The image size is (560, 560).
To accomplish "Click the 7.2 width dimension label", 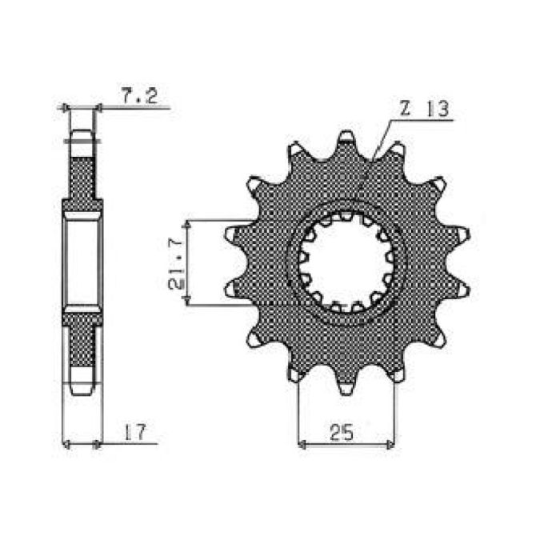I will pyautogui.click(x=139, y=97).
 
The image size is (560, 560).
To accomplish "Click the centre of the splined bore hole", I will pyautogui.click(x=345, y=262).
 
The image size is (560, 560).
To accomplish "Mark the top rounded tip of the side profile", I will pyautogui.click(x=82, y=138).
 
